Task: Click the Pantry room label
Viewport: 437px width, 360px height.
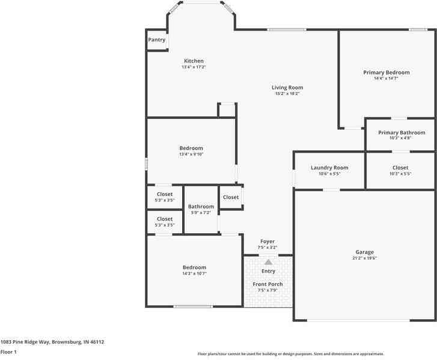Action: pyautogui.click(x=157, y=40)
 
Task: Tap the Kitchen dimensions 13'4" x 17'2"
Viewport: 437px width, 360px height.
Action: pyautogui.click(x=194, y=67)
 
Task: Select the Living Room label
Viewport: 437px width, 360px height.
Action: pyautogui.click(x=287, y=87)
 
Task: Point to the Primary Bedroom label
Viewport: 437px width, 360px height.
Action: pyautogui.click(x=387, y=72)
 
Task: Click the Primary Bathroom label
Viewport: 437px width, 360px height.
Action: pyautogui.click(x=401, y=132)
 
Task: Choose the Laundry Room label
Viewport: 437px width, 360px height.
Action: pyautogui.click(x=329, y=168)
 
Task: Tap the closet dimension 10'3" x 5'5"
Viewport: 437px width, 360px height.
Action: pyautogui.click(x=400, y=174)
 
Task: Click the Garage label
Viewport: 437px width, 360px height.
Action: pyautogui.click(x=364, y=252)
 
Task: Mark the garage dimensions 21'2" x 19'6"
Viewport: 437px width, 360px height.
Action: pyautogui.click(x=364, y=258)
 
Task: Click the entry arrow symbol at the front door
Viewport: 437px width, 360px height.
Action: pyautogui.click(x=268, y=261)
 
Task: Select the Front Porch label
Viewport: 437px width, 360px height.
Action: pyautogui.click(x=267, y=284)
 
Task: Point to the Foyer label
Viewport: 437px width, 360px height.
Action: pyautogui.click(x=267, y=241)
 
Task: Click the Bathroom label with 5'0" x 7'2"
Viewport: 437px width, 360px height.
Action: pyautogui.click(x=201, y=206)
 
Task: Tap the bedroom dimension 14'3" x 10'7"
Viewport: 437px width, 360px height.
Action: pyautogui.click(x=194, y=273)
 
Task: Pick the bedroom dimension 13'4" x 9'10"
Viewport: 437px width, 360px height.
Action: pyautogui.click(x=191, y=154)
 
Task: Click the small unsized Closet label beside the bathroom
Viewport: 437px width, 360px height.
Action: pyautogui.click(x=231, y=197)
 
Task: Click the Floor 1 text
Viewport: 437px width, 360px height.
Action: pyautogui.click(x=8, y=352)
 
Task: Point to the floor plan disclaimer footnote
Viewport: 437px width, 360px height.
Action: pyautogui.click(x=290, y=354)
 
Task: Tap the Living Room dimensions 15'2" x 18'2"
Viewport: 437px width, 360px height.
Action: pyautogui.click(x=287, y=93)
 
